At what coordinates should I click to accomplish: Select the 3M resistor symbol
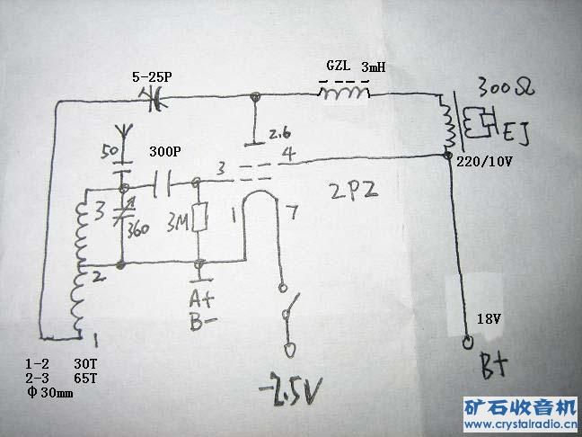200,217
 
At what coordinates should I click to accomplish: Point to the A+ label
200,297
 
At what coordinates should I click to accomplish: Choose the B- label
200,322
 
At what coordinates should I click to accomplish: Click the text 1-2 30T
59,364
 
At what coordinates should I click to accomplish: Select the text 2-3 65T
59,379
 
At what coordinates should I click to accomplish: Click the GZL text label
339,67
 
